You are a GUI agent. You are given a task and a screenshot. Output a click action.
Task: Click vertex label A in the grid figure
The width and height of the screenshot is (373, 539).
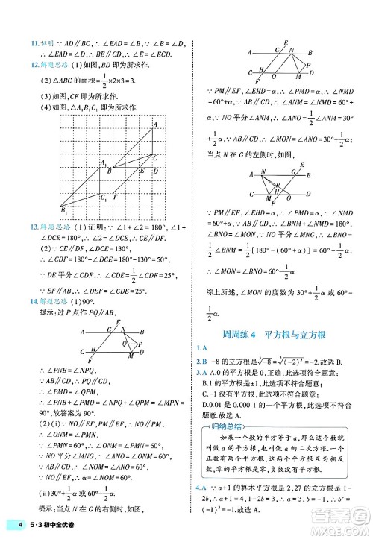click(154, 124)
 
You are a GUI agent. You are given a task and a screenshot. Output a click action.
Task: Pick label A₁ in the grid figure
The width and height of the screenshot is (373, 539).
click(104, 163)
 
